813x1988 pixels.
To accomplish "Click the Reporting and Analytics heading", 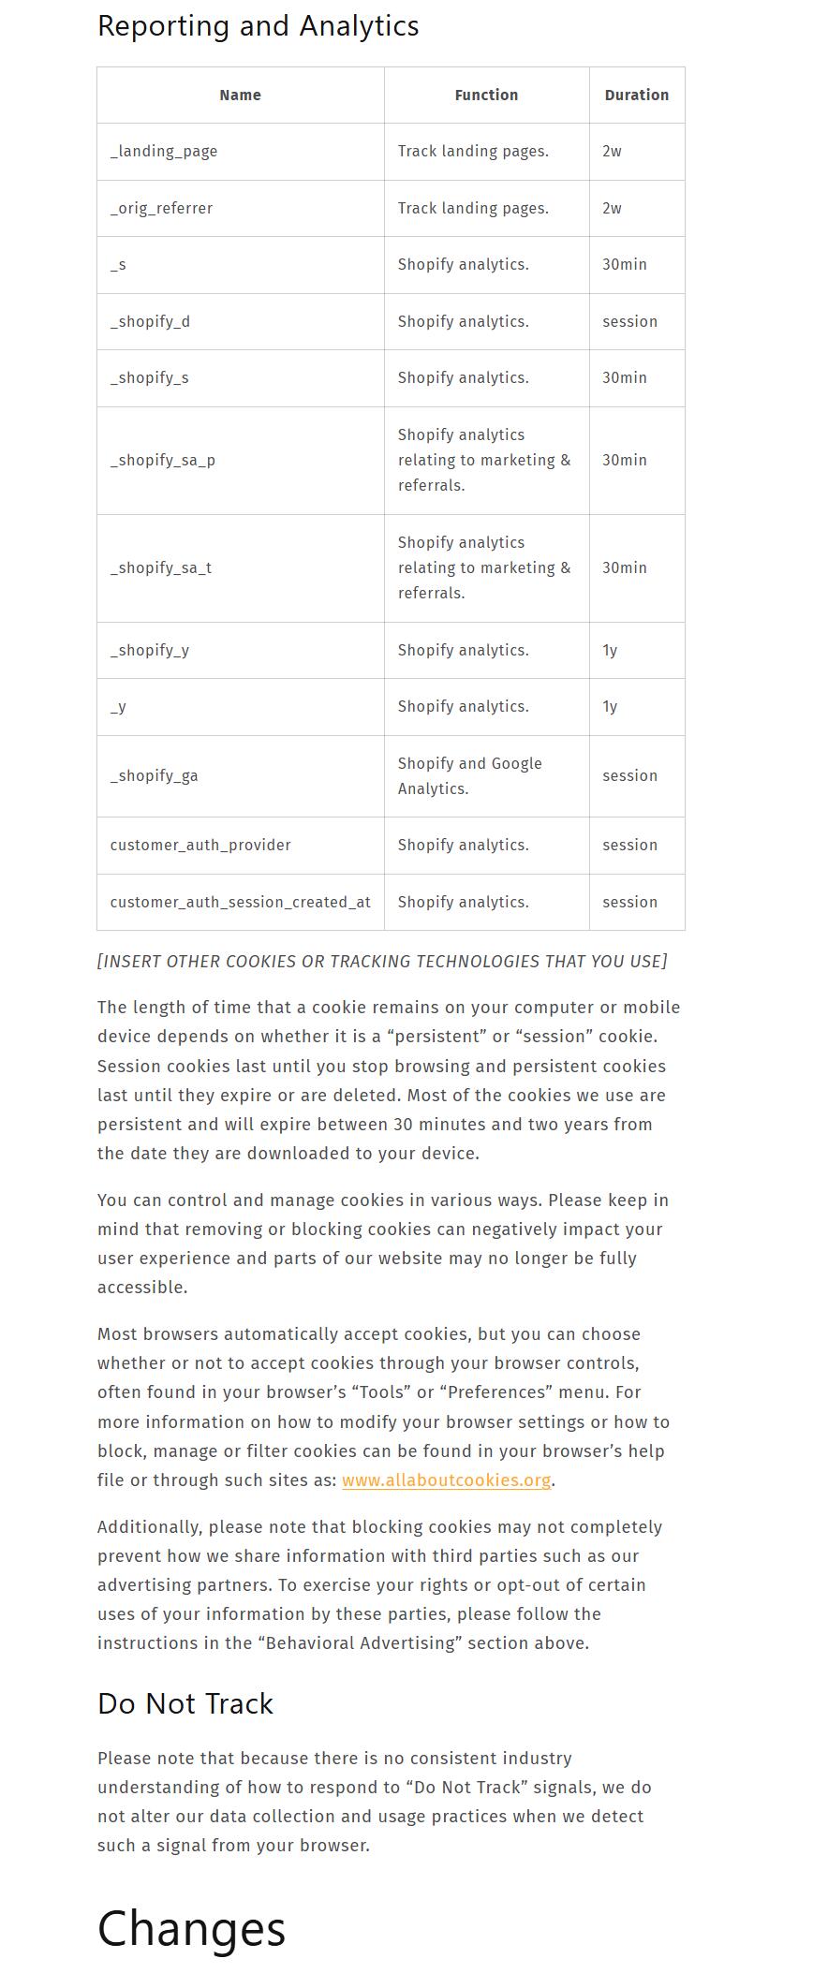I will tap(258, 26).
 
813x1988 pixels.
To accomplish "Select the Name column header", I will tap(240, 95).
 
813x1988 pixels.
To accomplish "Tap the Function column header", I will tap(486, 95).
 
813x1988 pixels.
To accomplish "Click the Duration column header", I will tap(636, 95).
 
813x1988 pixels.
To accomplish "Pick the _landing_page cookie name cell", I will tap(164, 151).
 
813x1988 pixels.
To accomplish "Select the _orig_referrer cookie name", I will tap(161, 208).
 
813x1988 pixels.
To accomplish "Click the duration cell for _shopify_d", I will tap(629, 321).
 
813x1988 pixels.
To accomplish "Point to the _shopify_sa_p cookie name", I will tap(163, 460).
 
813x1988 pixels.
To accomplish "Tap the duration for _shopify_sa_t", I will tap(624, 567).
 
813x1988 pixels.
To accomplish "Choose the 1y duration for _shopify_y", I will tap(610, 650).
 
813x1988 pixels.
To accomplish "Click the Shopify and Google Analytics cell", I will tap(469, 775).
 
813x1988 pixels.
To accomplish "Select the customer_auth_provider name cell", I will tap(200, 845).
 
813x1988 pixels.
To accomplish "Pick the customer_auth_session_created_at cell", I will tap(240, 902).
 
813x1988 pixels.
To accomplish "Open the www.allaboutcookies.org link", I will tap(446, 1480).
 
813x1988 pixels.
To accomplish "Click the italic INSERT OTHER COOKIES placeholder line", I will tap(382, 961).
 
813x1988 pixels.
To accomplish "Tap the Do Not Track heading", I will tap(185, 1702).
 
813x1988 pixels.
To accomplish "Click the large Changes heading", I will tap(191, 1929).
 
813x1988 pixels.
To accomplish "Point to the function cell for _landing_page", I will tap(473, 151).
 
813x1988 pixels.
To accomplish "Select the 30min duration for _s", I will tap(624, 264).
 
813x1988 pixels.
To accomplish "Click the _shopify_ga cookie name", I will tap(155, 775).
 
